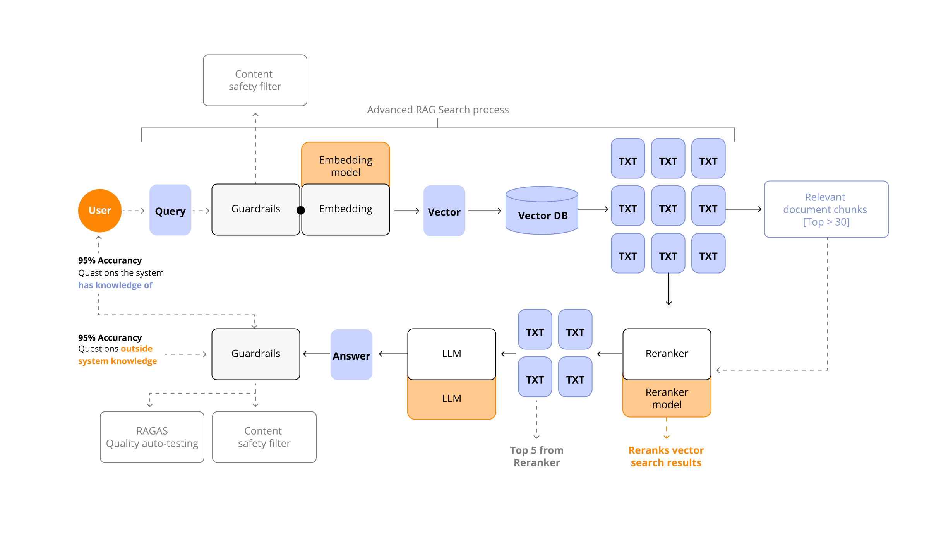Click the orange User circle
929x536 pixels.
(100, 211)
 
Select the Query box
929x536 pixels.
(170, 210)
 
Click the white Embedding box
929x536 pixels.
(345, 209)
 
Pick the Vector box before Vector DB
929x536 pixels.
(444, 211)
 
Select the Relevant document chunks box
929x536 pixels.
(826, 209)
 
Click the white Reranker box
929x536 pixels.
(667, 354)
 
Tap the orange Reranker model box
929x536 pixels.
(667, 399)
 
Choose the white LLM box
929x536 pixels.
(451, 354)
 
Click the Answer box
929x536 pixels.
(351, 355)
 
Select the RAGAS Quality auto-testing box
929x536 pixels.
(152, 437)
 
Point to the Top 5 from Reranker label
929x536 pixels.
(536, 456)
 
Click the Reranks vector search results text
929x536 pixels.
(666, 456)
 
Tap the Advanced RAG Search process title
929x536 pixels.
(438, 110)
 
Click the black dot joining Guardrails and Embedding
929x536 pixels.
(301, 211)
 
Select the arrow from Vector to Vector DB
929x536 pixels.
(485, 211)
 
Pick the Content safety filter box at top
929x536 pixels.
(255, 80)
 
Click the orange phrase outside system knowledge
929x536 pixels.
(118, 355)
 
